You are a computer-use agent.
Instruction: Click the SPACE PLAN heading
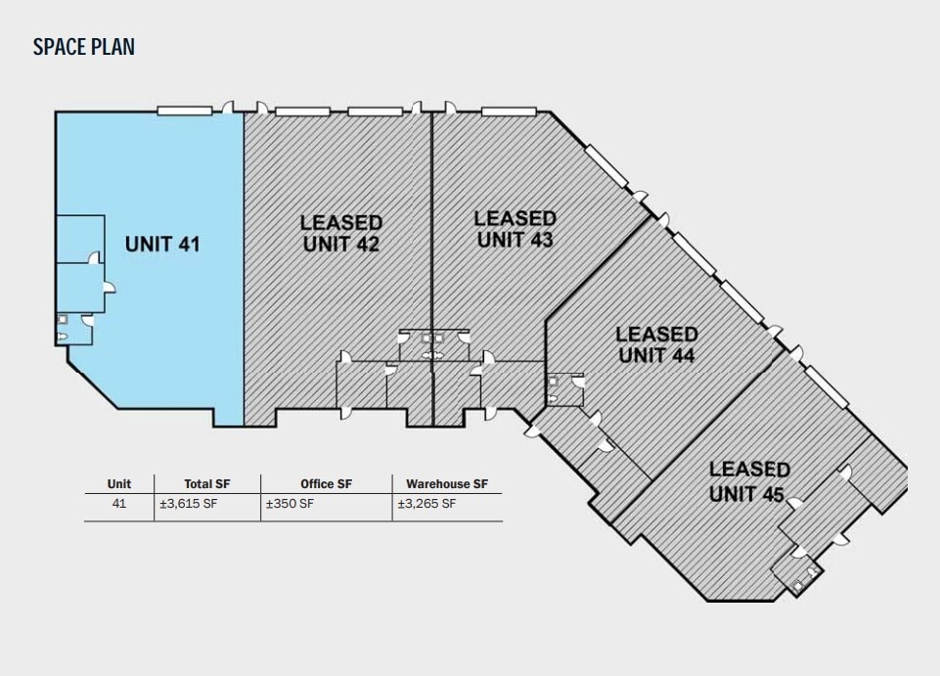point(84,47)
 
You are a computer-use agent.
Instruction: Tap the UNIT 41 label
point(162,245)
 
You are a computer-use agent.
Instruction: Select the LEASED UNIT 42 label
point(341,234)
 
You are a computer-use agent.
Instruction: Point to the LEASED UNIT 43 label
point(515,229)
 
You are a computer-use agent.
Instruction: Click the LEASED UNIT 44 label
point(656,344)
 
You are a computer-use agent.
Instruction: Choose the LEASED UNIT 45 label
point(749,481)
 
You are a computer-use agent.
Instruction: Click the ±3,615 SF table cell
point(188,503)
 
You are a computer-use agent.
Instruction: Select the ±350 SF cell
point(290,503)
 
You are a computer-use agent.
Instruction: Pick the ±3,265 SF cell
point(426,503)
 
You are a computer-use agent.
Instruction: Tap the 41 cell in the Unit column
point(119,503)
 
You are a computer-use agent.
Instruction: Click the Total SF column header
point(206,484)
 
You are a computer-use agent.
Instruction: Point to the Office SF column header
point(326,484)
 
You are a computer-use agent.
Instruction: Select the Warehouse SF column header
point(447,484)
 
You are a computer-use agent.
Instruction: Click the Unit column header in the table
point(119,484)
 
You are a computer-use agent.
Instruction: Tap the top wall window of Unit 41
point(185,111)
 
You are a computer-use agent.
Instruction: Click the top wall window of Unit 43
point(509,112)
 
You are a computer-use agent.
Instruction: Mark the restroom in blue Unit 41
point(74,329)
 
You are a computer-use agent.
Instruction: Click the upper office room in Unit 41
point(80,239)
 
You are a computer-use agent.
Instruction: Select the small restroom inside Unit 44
point(565,389)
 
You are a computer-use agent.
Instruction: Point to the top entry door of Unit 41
point(228,108)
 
